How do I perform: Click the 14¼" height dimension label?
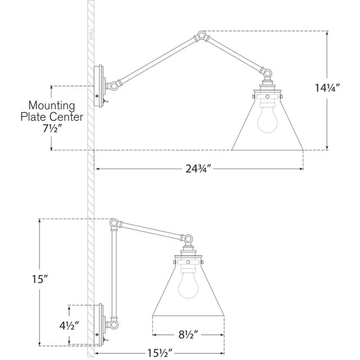(327, 88)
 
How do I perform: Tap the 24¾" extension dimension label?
(198, 169)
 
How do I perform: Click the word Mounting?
(52, 106)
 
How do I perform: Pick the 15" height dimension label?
(39, 279)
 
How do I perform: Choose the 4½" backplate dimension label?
(69, 326)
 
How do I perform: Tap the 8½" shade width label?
(188, 335)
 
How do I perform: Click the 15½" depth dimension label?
(159, 354)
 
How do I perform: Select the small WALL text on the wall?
(91, 34)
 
